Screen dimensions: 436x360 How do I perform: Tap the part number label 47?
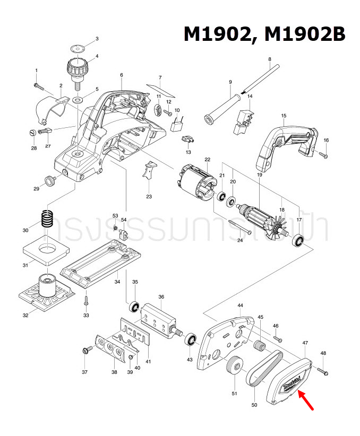point(305,344)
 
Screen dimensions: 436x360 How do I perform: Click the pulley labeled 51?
point(234,368)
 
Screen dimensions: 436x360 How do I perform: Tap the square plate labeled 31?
point(46,249)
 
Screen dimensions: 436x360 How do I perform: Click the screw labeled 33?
point(85,301)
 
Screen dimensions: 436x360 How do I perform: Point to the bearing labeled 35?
point(135,307)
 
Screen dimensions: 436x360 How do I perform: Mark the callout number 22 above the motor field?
point(208,160)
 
